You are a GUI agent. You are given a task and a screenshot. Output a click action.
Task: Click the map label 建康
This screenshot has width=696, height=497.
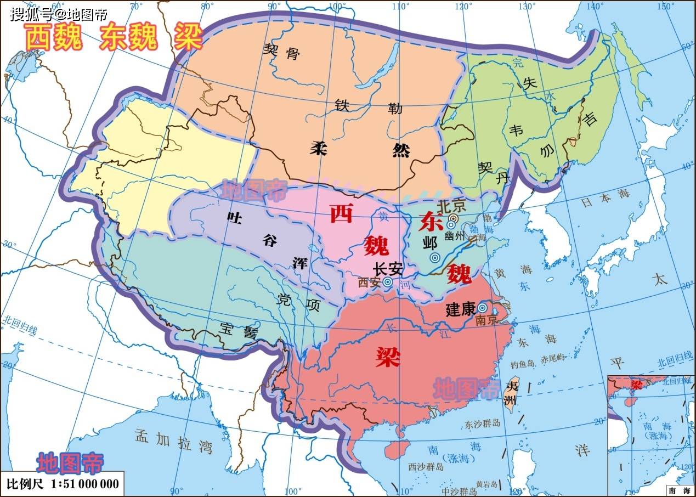[x=460, y=309]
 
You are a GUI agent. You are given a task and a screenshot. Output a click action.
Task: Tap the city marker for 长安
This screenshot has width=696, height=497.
[x=388, y=283]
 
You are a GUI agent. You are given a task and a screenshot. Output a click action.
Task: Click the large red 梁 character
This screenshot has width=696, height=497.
[x=388, y=358]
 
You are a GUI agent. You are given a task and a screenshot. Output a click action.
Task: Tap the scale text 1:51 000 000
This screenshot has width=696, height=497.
[x=84, y=484]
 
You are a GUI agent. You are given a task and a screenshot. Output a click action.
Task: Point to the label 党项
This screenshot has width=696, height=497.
[x=298, y=302]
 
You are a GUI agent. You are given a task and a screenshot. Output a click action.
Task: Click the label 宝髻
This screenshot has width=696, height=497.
[x=239, y=330]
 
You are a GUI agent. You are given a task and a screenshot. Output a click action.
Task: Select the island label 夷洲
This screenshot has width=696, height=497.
[x=511, y=393]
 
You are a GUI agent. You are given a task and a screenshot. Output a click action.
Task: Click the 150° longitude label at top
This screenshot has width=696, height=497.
[x=666, y=6]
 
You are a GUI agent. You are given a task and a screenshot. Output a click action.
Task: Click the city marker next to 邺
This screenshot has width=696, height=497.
[x=434, y=257]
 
